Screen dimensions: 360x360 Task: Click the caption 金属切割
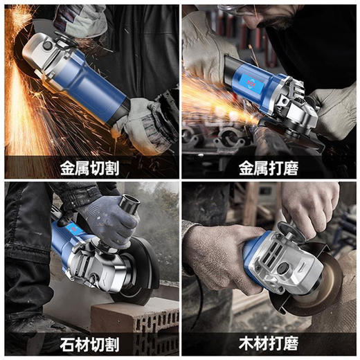89,167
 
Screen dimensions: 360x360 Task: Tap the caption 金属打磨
270,167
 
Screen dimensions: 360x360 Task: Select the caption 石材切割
89,343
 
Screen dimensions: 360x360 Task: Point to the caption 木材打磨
270,343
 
